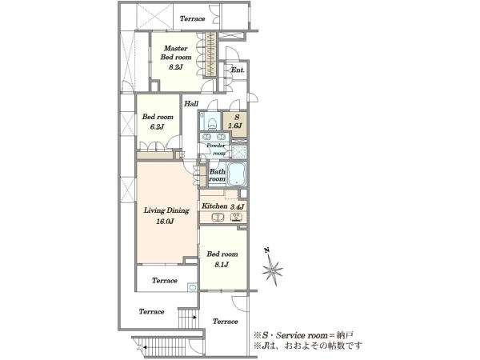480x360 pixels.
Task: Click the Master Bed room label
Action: pyautogui.click(x=176, y=53)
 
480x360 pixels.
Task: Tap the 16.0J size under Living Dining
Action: pyautogui.click(x=166, y=222)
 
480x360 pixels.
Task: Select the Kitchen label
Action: pyautogui.click(x=214, y=206)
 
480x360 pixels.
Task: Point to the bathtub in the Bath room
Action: pyautogui.click(x=237, y=174)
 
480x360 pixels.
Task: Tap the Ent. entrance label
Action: pyautogui.click(x=238, y=70)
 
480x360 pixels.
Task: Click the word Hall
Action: pyautogui.click(x=191, y=103)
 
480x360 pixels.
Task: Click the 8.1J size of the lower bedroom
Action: pyautogui.click(x=222, y=264)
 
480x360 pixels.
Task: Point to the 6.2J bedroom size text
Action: pyautogui.click(x=158, y=126)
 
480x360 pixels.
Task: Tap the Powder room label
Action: pyautogui.click(x=216, y=149)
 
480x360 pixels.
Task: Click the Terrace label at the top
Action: pyautogui.click(x=192, y=18)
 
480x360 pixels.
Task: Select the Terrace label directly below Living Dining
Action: pyautogui.click(x=164, y=281)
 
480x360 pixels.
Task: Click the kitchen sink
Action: pyautogui.click(x=218, y=218)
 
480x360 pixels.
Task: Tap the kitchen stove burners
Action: pyautogui.click(x=236, y=218)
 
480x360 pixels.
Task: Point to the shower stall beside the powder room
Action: pyautogui.click(x=238, y=152)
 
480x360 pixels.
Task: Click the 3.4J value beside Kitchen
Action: pyautogui.click(x=238, y=206)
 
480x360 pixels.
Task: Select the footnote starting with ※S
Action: pyautogui.click(x=304, y=335)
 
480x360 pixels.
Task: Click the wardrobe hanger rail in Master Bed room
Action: pyautogui.click(x=210, y=54)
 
